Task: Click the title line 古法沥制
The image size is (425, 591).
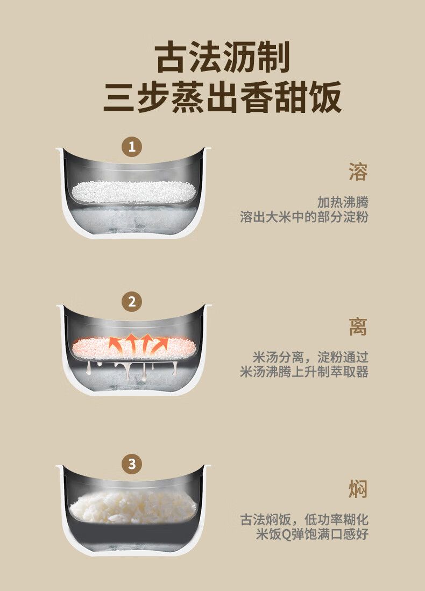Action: click(223, 58)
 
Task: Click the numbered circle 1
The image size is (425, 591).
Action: click(132, 146)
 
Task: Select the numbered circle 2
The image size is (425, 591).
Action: click(132, 302)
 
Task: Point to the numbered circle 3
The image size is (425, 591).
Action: click(132, 464)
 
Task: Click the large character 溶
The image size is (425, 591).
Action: click(358, 172)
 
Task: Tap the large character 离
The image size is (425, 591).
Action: click(358, 327)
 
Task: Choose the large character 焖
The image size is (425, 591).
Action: click(358, 489)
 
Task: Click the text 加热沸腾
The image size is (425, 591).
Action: click(342, 202)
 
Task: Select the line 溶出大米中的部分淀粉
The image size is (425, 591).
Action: click(304, 217)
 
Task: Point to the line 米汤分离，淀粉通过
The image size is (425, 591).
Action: click(310, 357)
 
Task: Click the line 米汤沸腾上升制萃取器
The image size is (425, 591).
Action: click(304, 372)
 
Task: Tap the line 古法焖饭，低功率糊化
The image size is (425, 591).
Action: click(304, 519)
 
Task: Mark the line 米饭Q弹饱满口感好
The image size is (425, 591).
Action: click(312, 534)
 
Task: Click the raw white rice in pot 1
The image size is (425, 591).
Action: click(133, 191)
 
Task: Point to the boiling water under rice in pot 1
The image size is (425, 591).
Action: click(133, 218)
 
